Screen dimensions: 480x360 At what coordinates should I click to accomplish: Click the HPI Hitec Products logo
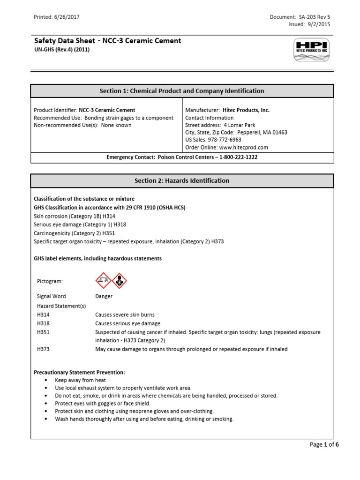point(312,51)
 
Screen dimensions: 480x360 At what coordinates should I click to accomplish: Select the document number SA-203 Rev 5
point(315,17)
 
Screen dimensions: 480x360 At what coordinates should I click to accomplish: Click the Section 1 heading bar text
point(182,91)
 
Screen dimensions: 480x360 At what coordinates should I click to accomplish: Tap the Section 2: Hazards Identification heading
point(182,180)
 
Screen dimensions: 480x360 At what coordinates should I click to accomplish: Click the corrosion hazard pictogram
point(103,280)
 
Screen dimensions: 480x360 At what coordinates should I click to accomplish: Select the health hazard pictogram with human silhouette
point(119,280)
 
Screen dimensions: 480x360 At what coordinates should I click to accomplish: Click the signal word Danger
point(104,296)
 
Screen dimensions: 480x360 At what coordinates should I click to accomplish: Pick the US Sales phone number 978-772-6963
point(226,140)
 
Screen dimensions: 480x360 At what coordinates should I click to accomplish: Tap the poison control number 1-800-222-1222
point(234,157)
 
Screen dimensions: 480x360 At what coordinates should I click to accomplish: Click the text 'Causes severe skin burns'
point(125,315)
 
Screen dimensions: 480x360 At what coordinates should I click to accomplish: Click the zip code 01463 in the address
point(280,132)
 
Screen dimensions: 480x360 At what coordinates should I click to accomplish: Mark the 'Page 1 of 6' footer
point(324,445)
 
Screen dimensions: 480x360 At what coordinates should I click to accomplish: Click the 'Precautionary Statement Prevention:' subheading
point(79,372)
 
